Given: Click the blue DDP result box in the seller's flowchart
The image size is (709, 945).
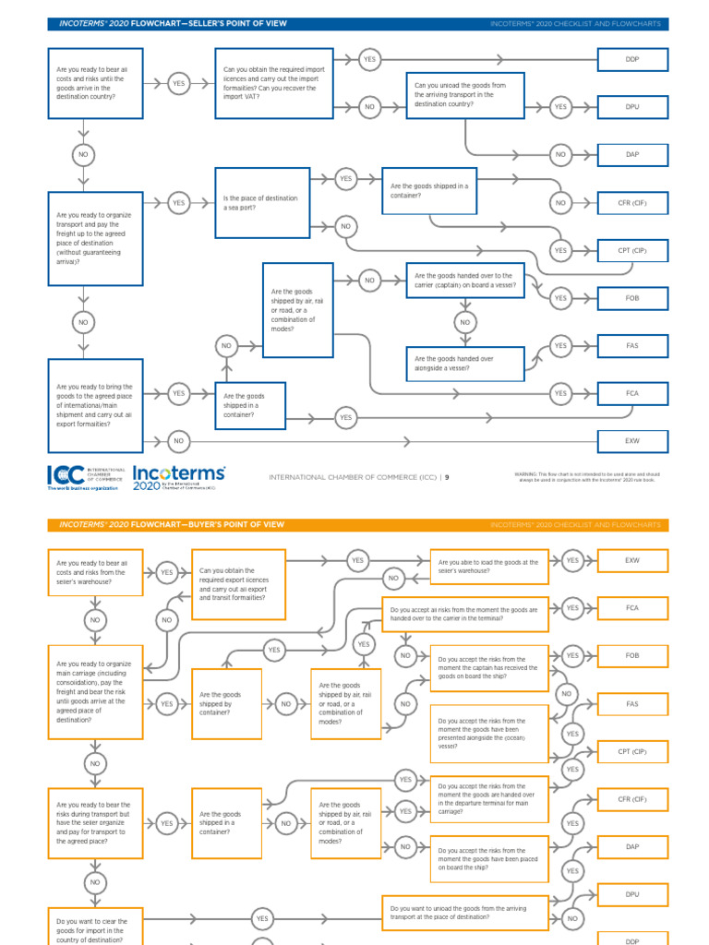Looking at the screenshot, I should point(632,59).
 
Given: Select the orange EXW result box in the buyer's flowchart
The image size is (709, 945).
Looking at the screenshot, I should point(632,560).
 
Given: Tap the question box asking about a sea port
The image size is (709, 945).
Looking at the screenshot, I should point(262,203).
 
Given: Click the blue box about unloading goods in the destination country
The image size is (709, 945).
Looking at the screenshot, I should point(465,95).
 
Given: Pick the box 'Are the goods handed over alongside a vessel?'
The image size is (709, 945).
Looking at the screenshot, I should point(465,364).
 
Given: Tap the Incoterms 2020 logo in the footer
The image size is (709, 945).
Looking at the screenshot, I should point(178,476).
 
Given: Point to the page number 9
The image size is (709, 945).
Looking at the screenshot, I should point(447,477).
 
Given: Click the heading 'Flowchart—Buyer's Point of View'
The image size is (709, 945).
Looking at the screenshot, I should point(171,524).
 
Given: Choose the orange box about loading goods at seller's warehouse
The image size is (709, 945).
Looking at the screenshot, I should point(489,566).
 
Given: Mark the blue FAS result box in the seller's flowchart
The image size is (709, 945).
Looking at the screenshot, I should point(632,346).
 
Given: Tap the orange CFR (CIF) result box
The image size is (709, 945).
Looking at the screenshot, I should point(632,799).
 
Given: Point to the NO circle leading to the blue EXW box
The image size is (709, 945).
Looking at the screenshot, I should point(178,441).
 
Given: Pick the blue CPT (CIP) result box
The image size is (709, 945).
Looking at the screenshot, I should point(632,250).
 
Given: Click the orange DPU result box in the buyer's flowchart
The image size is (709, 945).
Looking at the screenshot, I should point(632,894).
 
